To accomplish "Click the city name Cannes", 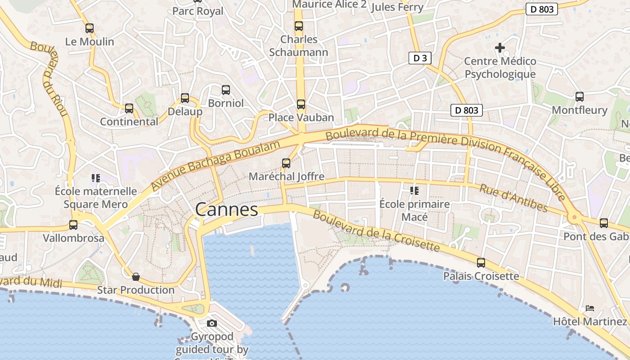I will [x=227, y=210].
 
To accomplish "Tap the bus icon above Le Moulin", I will [x=90, y=28].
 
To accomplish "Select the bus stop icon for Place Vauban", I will [x=301, y=104].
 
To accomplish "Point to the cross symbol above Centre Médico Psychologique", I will [x=499, y=47].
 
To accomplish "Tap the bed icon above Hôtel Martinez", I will [x=589, y=308].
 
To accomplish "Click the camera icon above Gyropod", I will [x=211, y=323].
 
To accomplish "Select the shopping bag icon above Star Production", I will [x=135, y=276].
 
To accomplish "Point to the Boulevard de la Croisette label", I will [x=376, y=231].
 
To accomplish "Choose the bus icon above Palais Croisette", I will [x=481, y=262].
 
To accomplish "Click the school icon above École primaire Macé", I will [x=414, y=191].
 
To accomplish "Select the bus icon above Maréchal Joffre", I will [x=286, y=163].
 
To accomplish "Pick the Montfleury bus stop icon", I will [x=580, y=96].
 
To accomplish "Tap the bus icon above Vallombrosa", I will [x=73, y=225].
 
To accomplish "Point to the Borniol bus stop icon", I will [x=226, y=90].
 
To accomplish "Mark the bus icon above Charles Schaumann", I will [x=299, y=26].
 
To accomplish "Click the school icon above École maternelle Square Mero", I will [x=95, y=178].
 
